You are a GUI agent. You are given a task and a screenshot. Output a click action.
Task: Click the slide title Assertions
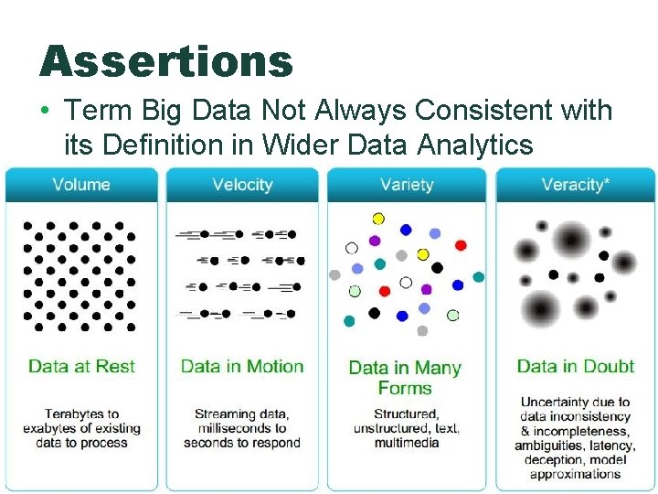pyautogui.click(x=166, y=62)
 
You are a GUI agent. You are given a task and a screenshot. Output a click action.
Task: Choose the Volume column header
pyautogui.click(x=81, y=185)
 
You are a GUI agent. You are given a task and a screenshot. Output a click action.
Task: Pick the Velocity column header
pyautogui.click(x=242, y=185)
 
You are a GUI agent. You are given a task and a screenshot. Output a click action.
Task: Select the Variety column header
pyautogui.click(x=406, y=185)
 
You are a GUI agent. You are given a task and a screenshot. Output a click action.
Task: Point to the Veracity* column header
pyautogui.click(x=575, y=185)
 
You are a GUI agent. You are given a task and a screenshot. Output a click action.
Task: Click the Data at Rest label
pyautogui.click(x=81, y=366)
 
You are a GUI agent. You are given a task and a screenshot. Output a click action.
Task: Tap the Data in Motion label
pyautogui.click(x=242, y=366)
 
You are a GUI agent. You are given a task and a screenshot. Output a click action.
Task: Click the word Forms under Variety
pyautogui.click(x=405, y=388)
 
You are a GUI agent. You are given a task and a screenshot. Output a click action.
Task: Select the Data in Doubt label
pyautogui.click(x=575, y=366)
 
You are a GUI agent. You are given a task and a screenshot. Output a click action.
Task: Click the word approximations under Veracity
pyautogui.click(x=575, y=474)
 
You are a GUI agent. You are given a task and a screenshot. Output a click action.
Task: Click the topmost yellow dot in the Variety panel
pyautogui.click(x=378, y=219)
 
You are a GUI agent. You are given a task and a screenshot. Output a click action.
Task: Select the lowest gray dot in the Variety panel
pyautogui.click(x=422, y=330)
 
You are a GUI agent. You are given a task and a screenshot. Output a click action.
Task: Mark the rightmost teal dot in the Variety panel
pyautogui.click(x=478, y=276)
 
